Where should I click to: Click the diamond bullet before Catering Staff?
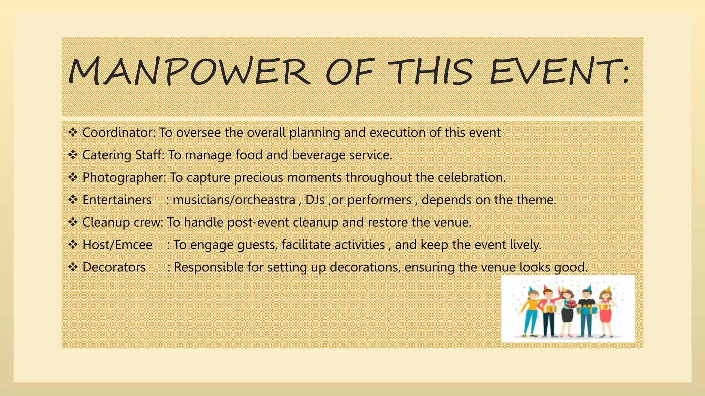click(73, 155)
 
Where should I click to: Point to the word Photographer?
click(124, 177)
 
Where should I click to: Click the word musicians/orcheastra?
click(234, 200)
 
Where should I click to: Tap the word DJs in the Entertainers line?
click(315, 200)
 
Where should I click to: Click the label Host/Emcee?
click(117, 245)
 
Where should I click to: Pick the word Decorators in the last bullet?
click(114, 267)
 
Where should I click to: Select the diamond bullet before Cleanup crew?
click(73, 222)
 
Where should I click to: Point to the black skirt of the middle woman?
click(567, 314)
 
